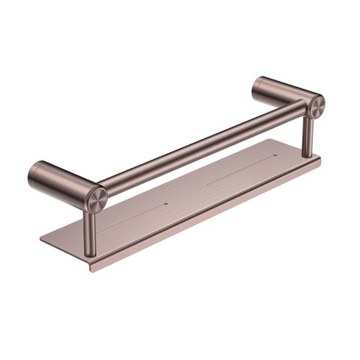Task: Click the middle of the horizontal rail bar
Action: coord(202,146)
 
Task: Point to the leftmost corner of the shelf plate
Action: coord(41,241)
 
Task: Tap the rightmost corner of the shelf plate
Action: coord(319,157)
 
